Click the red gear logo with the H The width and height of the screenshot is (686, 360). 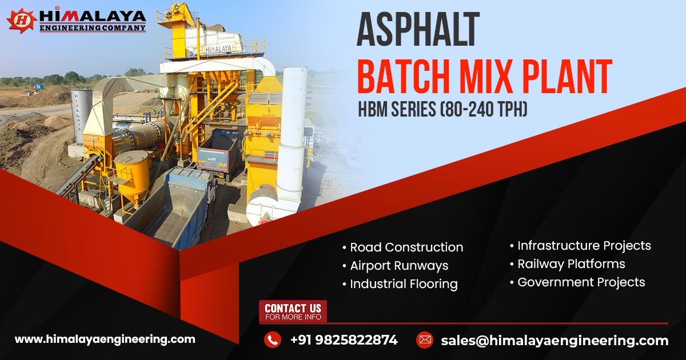coord(21,20)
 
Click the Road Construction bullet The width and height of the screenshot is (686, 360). coord(406,247)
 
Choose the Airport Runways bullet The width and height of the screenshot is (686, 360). coord(398,266)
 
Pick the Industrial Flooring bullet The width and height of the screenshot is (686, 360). coord(403,284)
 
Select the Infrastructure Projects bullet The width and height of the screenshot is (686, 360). coord(584,246)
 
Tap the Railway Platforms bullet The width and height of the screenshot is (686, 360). coord(571,264)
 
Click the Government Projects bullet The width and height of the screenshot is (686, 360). coord(580,282)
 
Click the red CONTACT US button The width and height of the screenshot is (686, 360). coord(293,311)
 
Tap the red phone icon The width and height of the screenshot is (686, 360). coord(272,340)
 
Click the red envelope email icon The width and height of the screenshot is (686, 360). coord(424,340)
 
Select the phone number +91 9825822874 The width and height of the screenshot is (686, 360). coord(344,340)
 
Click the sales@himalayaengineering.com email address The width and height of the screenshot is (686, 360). coord(554,341)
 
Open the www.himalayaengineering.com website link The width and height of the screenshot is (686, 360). coord(105,339)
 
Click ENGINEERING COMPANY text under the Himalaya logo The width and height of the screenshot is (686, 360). coord(92,27)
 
